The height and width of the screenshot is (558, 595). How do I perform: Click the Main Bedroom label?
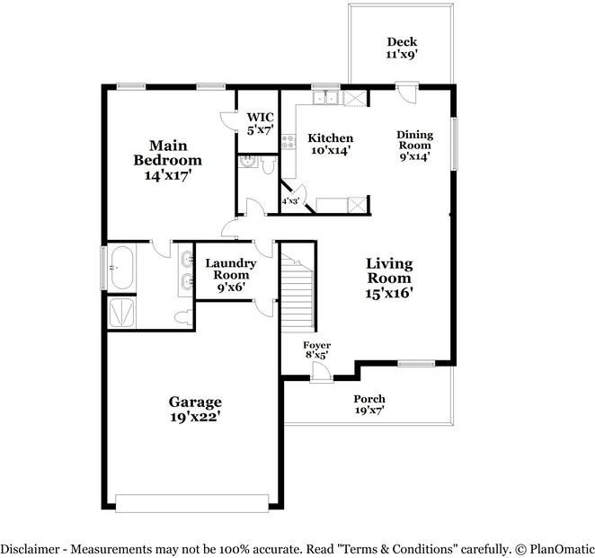point(167,160)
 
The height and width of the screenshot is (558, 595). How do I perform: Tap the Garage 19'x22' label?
point(195,409)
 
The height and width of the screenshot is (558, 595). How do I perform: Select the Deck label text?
point(402,48)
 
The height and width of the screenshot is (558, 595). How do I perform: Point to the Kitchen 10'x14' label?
point(330,144)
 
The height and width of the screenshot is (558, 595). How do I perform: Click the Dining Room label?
point(414,145)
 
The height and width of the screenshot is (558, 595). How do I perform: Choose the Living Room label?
point(388,278)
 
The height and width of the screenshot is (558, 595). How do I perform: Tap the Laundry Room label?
point(231,275)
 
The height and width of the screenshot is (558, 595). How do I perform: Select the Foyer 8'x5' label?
point(315,350)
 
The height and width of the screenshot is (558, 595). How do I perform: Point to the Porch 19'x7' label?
point(369,404)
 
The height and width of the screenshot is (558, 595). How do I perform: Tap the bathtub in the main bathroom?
point(121,267)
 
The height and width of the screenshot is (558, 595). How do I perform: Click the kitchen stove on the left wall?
point(289,141)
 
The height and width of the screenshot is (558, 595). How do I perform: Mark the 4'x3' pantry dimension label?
point(291,202)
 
